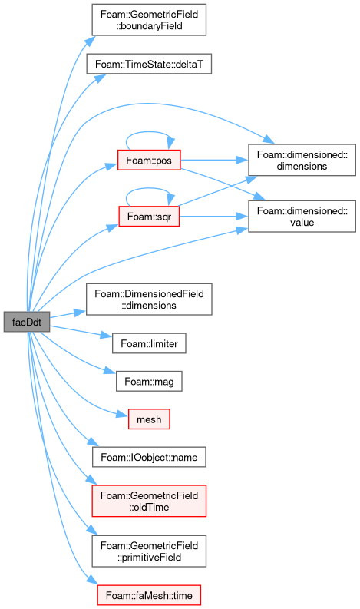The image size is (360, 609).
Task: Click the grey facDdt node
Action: [x=27, y=322]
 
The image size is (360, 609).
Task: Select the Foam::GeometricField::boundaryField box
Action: [x=149, y=20]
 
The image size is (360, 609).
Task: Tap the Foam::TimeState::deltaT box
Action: [x=149, y=64]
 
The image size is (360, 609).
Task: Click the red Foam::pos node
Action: [x=149, y=160]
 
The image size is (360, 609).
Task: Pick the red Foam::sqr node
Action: [x=149, y=217]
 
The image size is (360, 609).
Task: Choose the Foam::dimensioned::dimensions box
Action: [x=302, y=160]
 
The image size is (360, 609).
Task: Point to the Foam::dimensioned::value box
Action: [x=302, y=217]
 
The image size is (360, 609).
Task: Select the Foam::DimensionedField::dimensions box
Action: [x=149, y=299]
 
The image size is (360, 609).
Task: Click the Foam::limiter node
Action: [x=149, y=343]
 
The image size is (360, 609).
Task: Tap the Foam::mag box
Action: [x=149, y=381]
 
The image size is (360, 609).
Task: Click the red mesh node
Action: [x=149, y=419]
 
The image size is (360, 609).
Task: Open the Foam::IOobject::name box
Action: [x=149, y=457]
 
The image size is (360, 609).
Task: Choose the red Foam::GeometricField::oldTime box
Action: [x=149, y=501]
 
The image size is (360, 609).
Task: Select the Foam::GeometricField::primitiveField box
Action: [x=149, y=551]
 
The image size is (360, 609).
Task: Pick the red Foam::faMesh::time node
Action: [x=149, y=595]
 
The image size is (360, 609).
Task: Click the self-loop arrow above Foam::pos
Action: [x=150, y=132]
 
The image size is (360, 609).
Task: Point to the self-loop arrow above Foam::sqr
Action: [x=150, y=188]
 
